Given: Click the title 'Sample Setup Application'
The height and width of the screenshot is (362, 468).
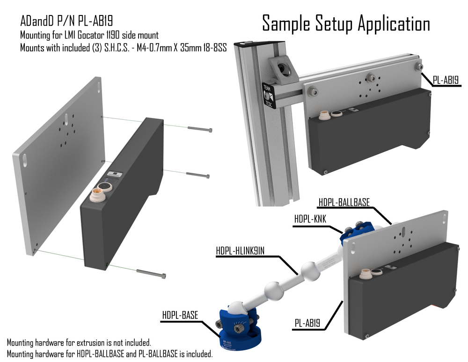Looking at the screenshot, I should (x=346, y=23).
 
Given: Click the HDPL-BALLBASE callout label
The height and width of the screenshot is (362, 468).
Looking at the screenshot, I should (x=344, y=202).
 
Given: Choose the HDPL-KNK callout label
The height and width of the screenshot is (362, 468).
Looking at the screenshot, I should (x=311, y=218).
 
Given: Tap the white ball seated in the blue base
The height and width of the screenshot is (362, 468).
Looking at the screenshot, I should (x=237, y=310).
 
